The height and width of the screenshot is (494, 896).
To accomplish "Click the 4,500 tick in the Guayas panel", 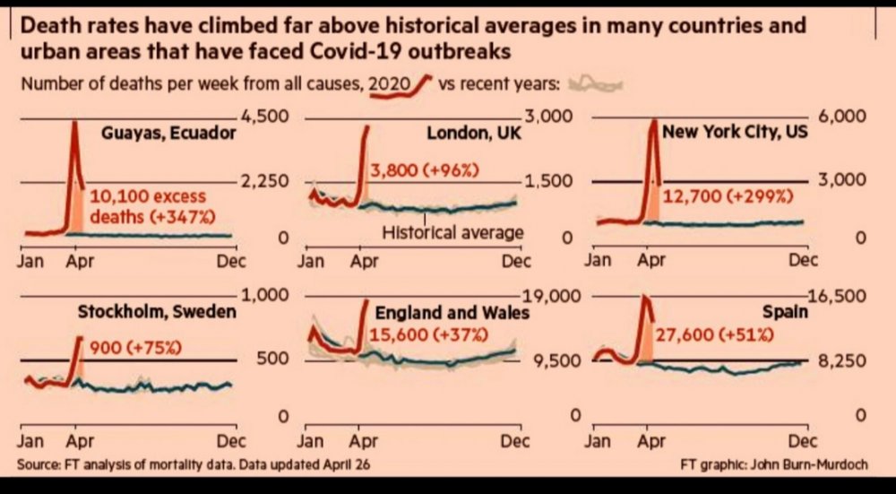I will (260, 117).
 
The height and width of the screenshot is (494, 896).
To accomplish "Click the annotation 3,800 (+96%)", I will (425, 169).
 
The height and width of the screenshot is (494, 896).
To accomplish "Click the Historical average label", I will (453, 233).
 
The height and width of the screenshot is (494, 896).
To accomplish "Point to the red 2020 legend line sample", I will (414, 84).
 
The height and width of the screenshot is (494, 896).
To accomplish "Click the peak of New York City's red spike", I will (653, 122).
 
